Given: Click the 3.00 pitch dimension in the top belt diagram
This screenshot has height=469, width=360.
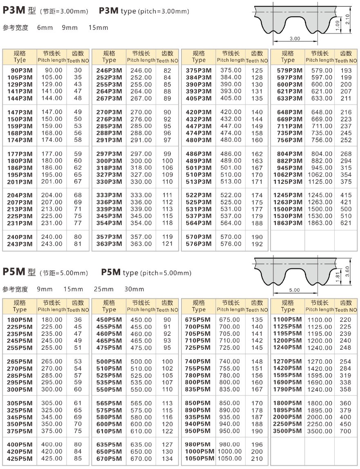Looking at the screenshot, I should point(294,38).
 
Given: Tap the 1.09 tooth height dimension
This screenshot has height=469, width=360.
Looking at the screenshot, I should point(338,25).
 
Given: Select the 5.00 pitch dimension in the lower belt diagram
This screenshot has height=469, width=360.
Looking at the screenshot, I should point(294,290).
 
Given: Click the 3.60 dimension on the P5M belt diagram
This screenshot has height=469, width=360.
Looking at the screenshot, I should point(348,270).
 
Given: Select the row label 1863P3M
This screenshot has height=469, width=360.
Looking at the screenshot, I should point(288,223).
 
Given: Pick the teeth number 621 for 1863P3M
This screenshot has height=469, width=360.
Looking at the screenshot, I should point(346,223).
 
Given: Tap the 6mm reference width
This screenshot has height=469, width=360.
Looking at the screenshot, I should point(44,28).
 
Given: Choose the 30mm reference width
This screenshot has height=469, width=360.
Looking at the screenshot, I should point(134,289).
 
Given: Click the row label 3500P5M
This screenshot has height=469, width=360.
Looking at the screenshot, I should point(288,431).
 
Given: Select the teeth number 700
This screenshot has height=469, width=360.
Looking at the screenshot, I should point(345,431).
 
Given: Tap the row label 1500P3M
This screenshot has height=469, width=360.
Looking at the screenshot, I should point(288,209).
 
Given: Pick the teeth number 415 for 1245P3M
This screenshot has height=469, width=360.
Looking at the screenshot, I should point(346,195).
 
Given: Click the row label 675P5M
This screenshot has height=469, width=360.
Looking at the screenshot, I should point(198,320).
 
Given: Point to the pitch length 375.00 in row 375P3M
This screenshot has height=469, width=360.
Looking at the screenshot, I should point(231,70).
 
